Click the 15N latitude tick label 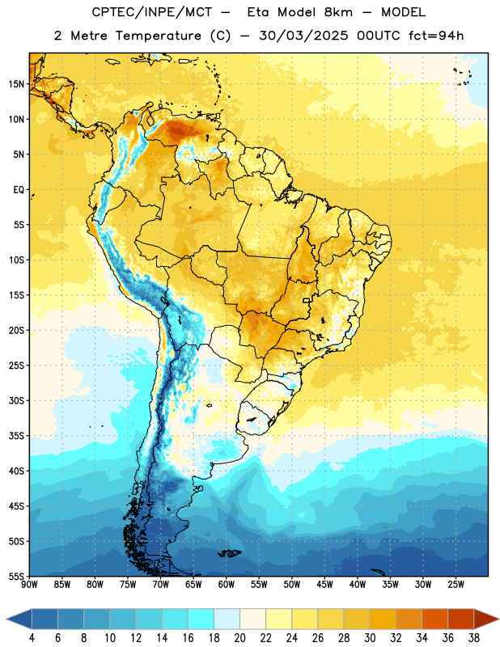16,84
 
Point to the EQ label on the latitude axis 19,190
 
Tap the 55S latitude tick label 16,576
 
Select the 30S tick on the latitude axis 16,400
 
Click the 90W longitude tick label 29,584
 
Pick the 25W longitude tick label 456,584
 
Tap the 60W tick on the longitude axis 227,584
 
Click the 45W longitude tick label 325,584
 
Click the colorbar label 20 239,638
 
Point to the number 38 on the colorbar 474,638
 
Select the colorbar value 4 32,638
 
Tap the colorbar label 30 370,638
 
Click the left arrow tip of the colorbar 6,619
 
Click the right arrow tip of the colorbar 499,619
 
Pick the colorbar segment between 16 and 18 201,619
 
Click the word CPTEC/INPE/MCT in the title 152,12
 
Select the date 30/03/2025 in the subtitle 304,36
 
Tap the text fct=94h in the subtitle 436,36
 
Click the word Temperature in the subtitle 158,36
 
